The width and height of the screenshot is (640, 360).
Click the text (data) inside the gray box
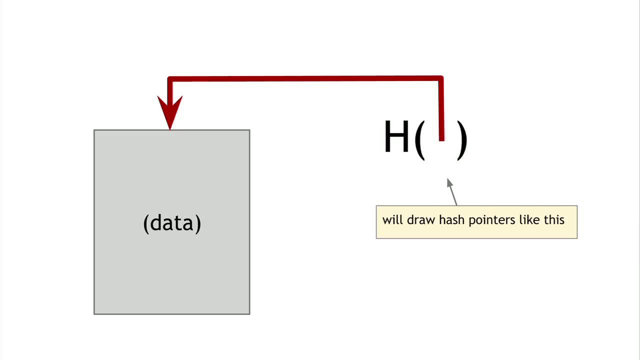[172, 223]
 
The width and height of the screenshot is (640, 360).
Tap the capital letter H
[396, 137]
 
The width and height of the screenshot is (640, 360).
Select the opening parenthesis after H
[419, 139]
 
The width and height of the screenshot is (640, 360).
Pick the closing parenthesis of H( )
[462, 139]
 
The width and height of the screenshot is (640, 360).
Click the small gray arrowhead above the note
[449, 183]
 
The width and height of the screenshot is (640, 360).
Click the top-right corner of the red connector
[440, 78]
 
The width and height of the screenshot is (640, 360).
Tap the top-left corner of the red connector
[170, 79]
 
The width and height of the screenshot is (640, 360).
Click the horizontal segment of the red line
[305, 78]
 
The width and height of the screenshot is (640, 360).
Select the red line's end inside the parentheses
[441, 139]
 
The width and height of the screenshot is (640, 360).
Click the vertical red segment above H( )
[441, 107]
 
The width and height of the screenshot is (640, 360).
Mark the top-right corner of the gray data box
[249, 130]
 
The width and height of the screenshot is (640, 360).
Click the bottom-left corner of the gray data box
[94, 314]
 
